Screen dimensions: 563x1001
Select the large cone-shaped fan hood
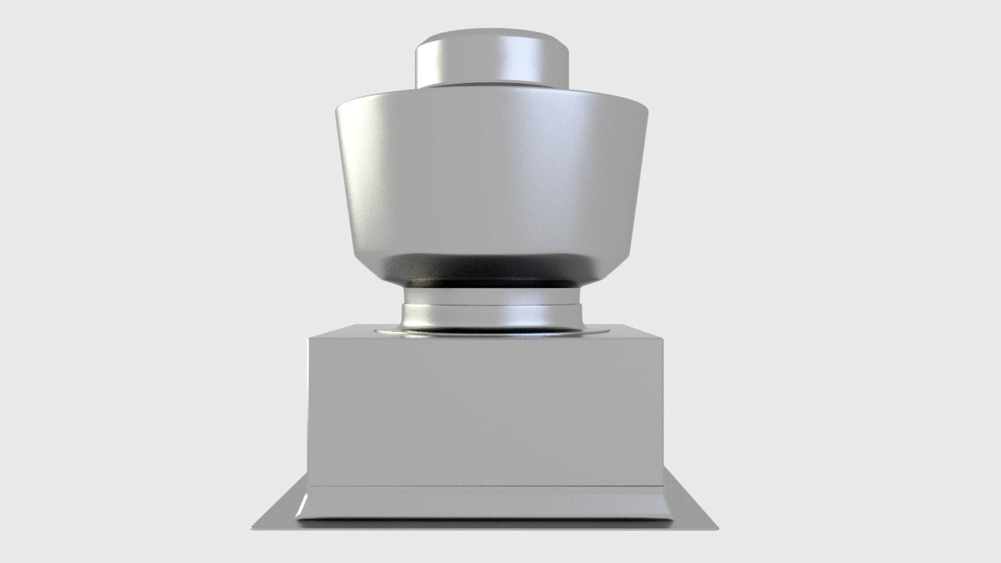point(491,177)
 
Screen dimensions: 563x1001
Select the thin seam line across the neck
point(491,304)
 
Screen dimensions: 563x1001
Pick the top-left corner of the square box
point(309,338)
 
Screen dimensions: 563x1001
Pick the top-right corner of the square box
point(663,338)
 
